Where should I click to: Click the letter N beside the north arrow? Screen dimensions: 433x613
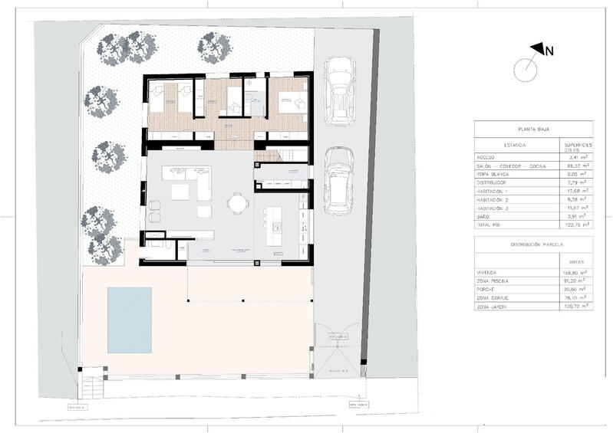[549, 51]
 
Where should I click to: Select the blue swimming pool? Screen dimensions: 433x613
[129, 320]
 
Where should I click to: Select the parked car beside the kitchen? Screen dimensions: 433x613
[337, 182]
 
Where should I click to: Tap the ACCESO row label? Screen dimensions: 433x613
[488, 157]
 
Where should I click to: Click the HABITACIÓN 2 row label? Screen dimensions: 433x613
[495, 198]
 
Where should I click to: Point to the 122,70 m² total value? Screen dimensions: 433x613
[575, 225]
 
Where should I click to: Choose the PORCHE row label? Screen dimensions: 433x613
[489, 289]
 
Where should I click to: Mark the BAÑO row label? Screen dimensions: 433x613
[485, 216]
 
